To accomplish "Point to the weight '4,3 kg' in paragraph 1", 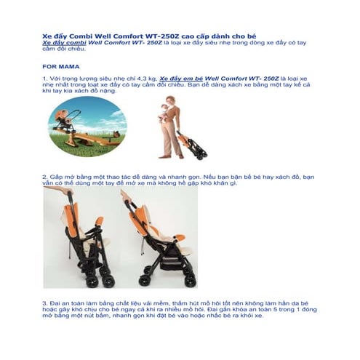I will coord(143,76).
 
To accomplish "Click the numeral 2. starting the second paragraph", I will coord(44,176).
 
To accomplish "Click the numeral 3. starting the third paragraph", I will coord(44,300).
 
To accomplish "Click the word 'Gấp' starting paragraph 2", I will coord(57,176).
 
